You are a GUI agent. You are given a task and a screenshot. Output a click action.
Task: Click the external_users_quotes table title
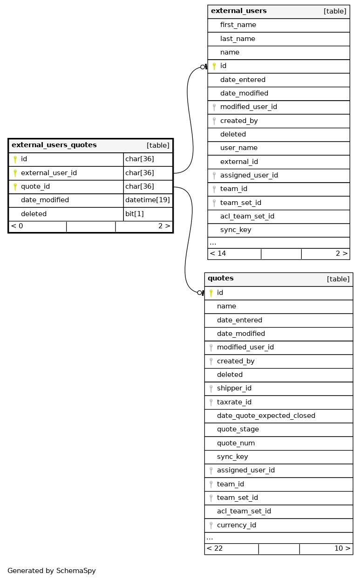[x=54, y=145]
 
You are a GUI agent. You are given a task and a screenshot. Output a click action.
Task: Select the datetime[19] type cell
[x=147, y=200]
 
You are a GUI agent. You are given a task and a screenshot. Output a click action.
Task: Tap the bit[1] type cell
[x=135, y=214]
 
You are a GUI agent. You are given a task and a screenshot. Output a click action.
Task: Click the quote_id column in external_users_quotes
[x=35, y=187]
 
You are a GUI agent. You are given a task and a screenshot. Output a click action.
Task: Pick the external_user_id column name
[x=49, y=173]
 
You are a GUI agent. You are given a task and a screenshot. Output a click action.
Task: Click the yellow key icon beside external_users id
[x=214, y=67]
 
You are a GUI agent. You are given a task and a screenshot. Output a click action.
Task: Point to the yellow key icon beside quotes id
[x=211, y=293]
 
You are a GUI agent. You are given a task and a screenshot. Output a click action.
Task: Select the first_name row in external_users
[x=238, y=25]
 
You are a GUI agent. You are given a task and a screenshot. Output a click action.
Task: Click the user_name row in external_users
[x=239, y=148]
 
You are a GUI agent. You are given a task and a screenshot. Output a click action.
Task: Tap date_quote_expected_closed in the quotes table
[x=266, y=416]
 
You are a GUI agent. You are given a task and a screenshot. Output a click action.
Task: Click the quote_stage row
[x=238, y=430]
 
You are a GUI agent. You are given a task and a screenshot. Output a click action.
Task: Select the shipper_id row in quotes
[x=234, y=389]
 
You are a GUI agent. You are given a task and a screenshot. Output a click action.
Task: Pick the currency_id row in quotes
[x=237, y=525]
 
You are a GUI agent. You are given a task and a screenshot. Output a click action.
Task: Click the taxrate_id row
[x=234, y=402]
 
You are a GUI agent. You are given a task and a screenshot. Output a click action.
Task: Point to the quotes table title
[x=221, y=279]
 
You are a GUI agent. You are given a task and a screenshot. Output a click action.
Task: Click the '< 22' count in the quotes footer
[x=215, y=549]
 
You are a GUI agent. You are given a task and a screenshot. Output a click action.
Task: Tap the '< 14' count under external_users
[x=218, y=254]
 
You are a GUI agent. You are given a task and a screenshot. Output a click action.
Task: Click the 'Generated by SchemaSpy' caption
[x=52, y=571]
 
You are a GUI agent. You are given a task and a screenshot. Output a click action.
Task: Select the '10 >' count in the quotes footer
[x=342, y=549]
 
